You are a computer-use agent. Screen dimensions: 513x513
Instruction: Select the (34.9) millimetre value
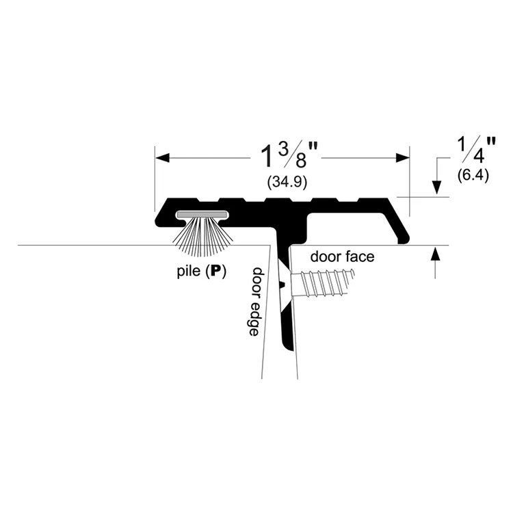click(287, 182)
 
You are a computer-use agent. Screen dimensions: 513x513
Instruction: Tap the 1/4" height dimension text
click(477, 150)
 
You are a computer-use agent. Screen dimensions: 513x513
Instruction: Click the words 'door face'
click(342, 256)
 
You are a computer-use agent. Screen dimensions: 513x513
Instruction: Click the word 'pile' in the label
click(188, 272)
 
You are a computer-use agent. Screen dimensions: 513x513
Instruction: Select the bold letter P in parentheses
click(215, 272)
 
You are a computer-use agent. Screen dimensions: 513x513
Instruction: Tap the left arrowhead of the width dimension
click(162, 158)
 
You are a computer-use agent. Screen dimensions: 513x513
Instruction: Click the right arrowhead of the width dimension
click(402, 158)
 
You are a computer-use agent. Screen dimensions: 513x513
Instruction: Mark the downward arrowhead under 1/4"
click(436, 187)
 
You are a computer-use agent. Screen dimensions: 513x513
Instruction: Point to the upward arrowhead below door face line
click(435, 254)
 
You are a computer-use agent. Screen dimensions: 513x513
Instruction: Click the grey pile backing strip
click(202, 215)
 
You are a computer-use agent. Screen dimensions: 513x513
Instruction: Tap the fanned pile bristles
click(203, 237)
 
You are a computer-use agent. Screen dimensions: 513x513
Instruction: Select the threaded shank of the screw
click(324, 283)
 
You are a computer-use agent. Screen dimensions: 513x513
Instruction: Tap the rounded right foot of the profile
click(404, 239)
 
